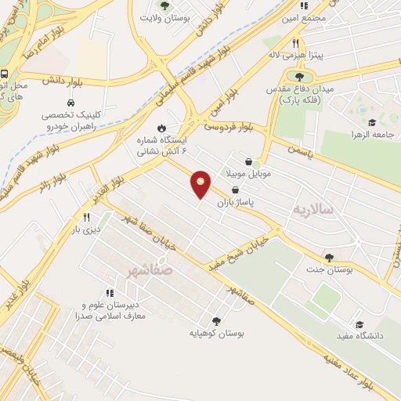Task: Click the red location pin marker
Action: (x=200, y=183)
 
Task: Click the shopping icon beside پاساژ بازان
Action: (x=237, y=190)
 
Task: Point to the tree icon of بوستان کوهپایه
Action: (x=216, y=320)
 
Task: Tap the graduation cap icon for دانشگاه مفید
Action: (x=359, y=324)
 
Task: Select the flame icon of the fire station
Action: (x=161, y=127)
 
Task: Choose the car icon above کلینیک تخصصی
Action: (x=71, y=103)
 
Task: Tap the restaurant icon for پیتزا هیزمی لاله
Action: (x=294, y=44)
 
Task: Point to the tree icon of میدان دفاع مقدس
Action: (x=299, y=75)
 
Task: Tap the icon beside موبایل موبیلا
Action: (x=257, y=164)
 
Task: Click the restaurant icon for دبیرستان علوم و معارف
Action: (x=110, y=292)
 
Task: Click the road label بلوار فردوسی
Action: (x=229, y=123)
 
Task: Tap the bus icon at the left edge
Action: (x=4, y=74)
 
